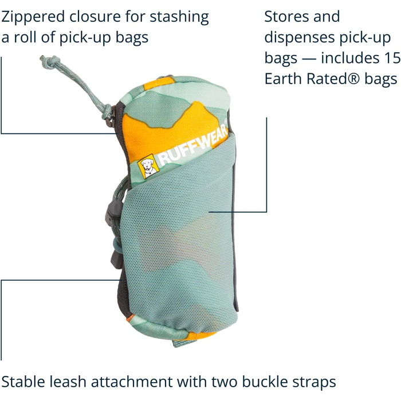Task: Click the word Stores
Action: [x=286, y=17]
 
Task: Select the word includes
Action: [x=349, y=58]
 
